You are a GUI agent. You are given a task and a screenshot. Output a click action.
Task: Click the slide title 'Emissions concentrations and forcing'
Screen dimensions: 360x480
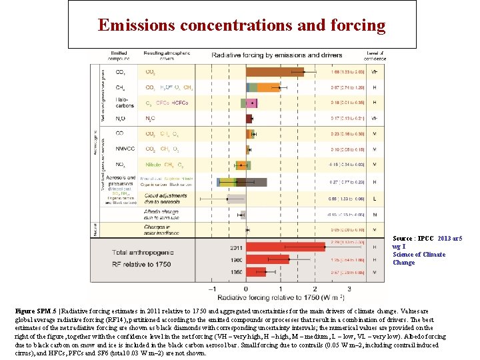(241, 25)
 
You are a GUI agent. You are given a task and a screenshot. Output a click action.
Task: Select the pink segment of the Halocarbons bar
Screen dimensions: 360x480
(252, 103)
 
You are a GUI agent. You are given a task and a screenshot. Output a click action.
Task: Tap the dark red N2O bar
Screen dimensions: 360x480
(249, 119)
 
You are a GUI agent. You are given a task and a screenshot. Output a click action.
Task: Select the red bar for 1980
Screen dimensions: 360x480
(267, 259)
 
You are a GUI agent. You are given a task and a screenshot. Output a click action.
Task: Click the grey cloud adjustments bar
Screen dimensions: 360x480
(236, 198)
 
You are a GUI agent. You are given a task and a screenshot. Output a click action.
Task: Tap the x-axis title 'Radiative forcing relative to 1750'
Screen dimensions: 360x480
(281, 298)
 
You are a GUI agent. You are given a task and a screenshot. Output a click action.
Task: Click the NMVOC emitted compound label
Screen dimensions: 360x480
(121, 149)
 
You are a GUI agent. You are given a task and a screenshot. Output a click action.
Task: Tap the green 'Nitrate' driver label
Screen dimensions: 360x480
(154, 165)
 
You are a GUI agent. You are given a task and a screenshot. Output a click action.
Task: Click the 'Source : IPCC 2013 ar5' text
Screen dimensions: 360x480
(427, 238)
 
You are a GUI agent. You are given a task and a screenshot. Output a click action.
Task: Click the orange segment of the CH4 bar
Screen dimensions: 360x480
(269, 87)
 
